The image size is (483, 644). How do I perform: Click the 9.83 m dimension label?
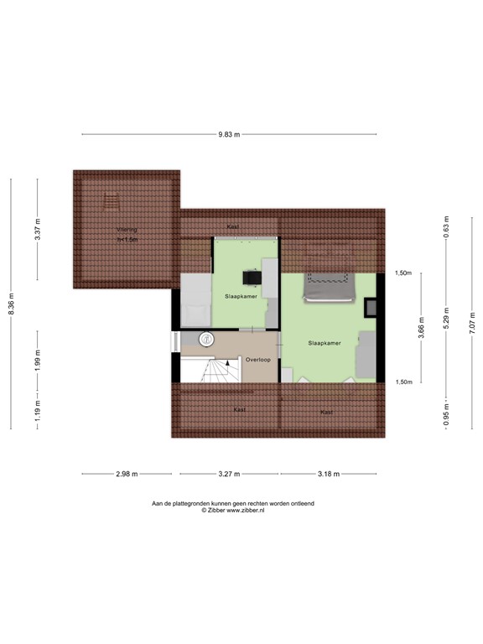point(229,134)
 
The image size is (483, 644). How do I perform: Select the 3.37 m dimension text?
point(38,229)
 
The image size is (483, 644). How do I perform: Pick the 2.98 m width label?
point(127,474)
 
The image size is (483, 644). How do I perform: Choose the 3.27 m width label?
point(229,474)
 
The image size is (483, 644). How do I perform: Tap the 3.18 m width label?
point(328,474)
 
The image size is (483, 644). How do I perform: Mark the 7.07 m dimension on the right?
point(472,321)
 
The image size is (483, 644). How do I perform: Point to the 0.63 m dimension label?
point(446,226)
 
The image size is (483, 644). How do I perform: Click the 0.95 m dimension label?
point(446,414)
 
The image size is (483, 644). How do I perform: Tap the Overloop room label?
point(257,360)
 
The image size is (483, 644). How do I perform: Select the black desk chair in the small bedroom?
point(251,277)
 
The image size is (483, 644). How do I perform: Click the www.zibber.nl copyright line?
point(232,510)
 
